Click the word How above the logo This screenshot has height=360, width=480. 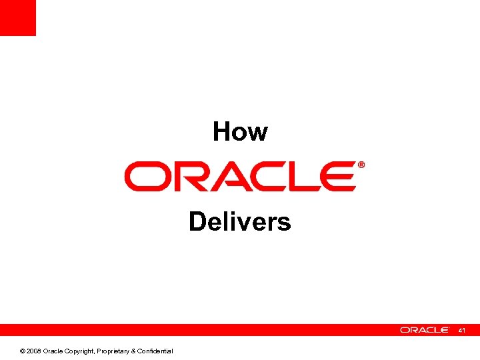point(240,132)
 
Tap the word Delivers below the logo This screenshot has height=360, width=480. point(240,221)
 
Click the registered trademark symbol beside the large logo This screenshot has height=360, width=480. point(361,165)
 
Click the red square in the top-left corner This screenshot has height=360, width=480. point(17,17)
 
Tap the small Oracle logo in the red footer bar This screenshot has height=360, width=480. point(425,330)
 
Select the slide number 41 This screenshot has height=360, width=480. point(463,330)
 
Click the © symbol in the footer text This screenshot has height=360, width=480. point(23,351)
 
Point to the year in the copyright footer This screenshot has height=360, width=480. point(34,351)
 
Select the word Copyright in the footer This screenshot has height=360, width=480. point(79,351)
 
